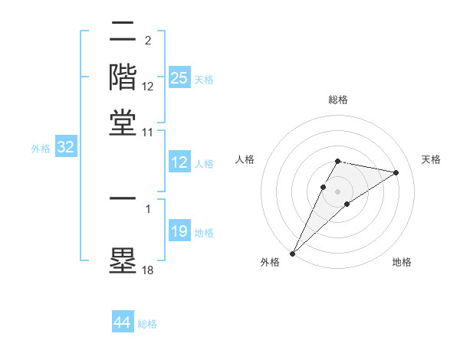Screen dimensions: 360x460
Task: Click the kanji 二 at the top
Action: click(x=123, y=32)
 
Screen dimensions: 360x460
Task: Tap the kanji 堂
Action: click(x=123, y=123)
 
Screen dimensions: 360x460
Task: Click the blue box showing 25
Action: click(x=179, y=78)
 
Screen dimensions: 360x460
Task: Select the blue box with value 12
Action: click(x=179, y=163)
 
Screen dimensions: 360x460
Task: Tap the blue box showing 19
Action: click(x=179, y=232)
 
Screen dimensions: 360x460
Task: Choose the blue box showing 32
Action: click(x=65, y=148)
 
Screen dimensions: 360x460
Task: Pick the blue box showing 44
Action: click(x=122, y=322)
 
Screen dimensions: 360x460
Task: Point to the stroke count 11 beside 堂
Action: click(x=148, y=132)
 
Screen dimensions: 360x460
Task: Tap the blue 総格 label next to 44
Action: click(x=147, y=324)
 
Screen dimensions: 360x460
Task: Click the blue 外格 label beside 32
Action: click(x=41, y=149)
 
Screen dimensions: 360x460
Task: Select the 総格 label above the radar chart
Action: click(x=338, y=100)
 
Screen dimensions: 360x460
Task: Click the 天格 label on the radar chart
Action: click(x=431, y=159)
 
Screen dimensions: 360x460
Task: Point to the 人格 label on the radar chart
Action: click(x=245, y=159)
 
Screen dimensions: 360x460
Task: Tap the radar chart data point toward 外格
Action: click(x=292, y=253)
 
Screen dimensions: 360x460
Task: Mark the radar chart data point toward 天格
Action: click(x=396, y=172)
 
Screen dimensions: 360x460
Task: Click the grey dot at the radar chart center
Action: click(x=338, y=191)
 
